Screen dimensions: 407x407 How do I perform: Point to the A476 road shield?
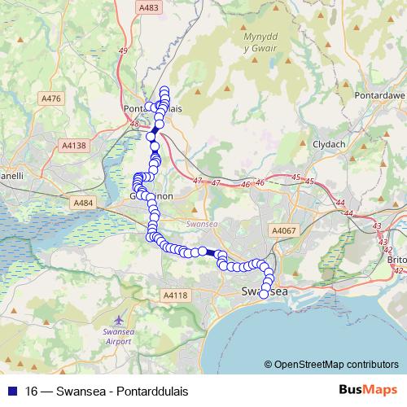coord(50,98)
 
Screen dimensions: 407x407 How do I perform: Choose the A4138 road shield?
coord(73,146)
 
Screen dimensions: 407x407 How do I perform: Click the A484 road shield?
coord(83,203)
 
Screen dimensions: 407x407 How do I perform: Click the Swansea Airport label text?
coord(120,336)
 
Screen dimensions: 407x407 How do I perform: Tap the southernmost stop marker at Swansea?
coord(263,295)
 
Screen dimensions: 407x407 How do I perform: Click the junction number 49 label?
coord(123,51)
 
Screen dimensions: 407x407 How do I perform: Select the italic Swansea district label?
coord(199,222)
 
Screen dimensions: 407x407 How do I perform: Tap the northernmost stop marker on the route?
coord(164,90)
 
